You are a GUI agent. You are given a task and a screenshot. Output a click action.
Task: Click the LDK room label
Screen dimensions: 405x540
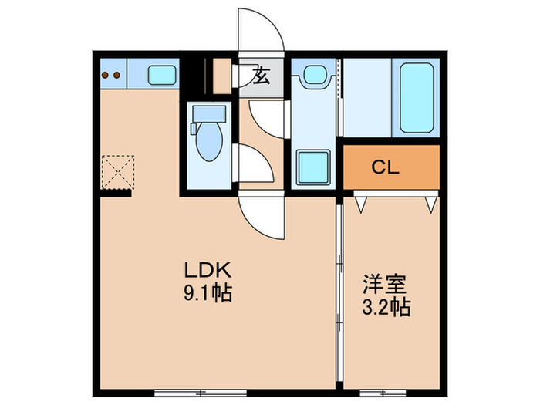[x=208, y=271]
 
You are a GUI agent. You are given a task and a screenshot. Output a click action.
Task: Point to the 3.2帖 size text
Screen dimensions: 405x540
[x=386, y=307]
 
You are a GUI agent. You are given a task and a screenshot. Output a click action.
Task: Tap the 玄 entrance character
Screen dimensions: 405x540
[x=261, y=77]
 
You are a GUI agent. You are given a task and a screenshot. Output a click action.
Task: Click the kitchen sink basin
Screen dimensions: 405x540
[x=162, y=76]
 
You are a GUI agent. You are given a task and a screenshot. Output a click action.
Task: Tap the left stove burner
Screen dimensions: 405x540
[x=106, y=76]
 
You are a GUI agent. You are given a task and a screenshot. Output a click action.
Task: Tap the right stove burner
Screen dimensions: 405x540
[x=117, y=76]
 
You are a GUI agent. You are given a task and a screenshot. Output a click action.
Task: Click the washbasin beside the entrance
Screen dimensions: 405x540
[x=313, y=75]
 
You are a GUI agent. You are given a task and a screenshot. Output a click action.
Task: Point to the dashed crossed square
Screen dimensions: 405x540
[x=117, y=171]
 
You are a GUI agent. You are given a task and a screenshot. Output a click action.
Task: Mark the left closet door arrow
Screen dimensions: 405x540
[x=360, y=203]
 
